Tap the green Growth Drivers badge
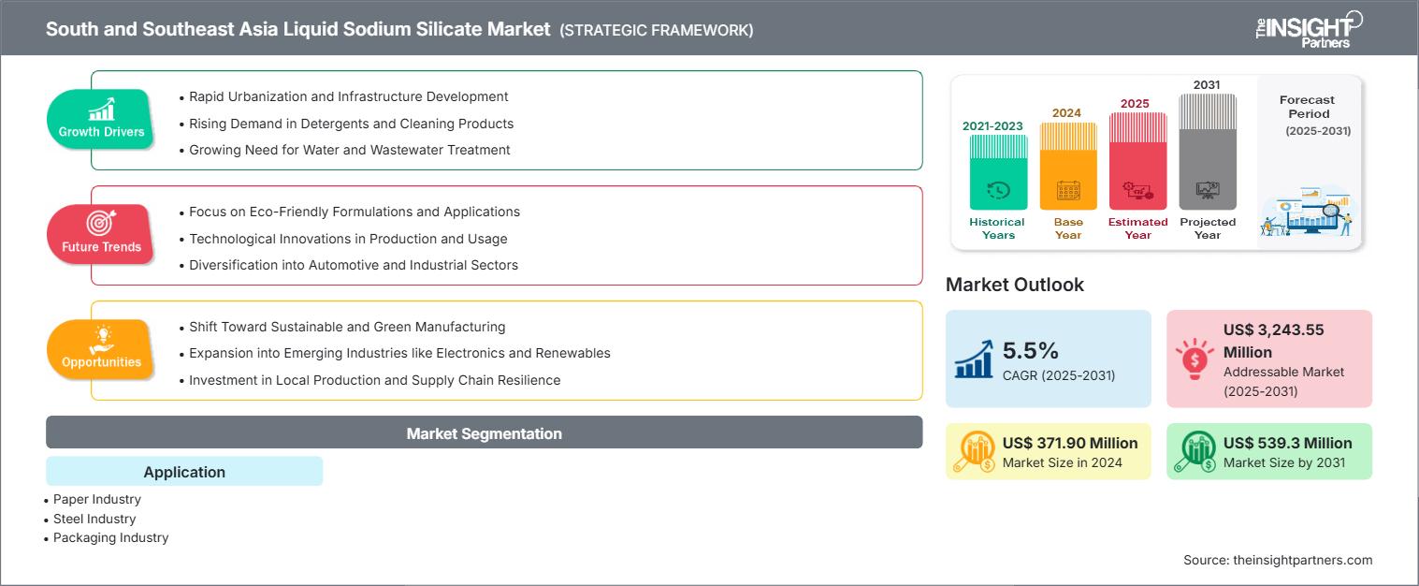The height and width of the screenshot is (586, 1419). click(101, 119)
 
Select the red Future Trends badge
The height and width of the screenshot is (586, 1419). click(101, 234)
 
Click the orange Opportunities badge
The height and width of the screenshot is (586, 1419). click(101, 349)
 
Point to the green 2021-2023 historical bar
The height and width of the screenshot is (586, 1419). click(998, 172)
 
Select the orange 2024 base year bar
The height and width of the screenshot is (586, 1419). click(1068, 166)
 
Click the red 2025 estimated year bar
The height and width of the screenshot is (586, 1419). click(1137, 161)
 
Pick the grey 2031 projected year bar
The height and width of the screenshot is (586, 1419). click(1208, 152)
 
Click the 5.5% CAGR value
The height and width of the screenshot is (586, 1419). click(1030, 351)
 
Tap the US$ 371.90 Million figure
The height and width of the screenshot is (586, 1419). click(1070, 443)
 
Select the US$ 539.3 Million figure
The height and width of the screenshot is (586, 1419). click(1287, 443)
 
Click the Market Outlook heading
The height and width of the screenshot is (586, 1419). click(1014, 285)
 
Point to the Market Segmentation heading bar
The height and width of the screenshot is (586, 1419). click(484, 432)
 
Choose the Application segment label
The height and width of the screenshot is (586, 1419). click(184, 471)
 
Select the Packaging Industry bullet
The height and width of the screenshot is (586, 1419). click(107, 538)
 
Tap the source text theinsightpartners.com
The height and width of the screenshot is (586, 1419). click(1302, 560)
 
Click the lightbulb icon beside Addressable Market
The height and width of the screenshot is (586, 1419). click(1195, 359)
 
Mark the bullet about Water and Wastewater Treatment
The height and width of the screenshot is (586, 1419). click(344, 150)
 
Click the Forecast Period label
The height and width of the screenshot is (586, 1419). click(1308, 107)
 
